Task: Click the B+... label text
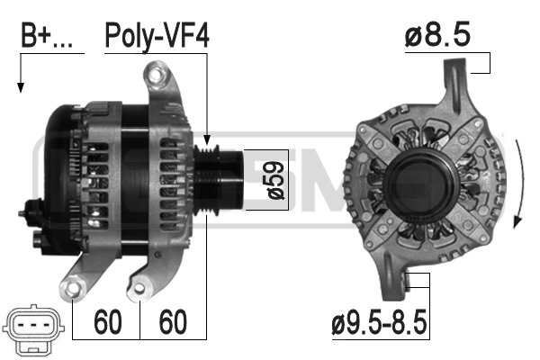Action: pyautogui.click(x=47, y=35)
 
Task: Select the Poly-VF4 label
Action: pyautogui.click(x=157, y=36)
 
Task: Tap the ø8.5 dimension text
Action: pyautogui.click(x=437, y=34)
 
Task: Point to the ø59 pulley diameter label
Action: pyautogui.click(x=275, y=181)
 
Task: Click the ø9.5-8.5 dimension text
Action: pyautogui.click(x=379, y=322)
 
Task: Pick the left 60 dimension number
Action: pyautogui.click(x=108, y=322)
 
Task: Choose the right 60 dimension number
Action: pyautogui.click(x=173, y=322)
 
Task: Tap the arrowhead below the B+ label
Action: pyautogui.click(x=21, y=87)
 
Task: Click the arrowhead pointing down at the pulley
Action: pyautogui.click(x=207, y=139)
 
